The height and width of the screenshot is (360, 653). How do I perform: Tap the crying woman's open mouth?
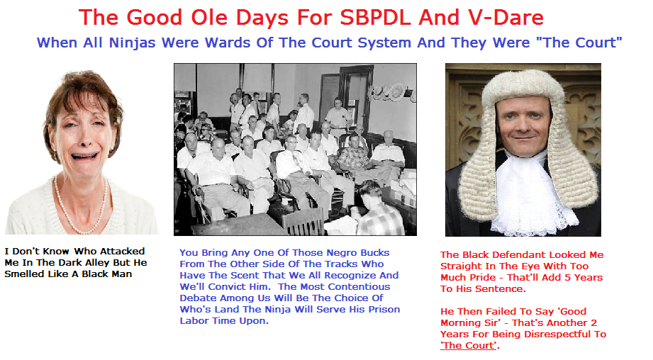(84, 157)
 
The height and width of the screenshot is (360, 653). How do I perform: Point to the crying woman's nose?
(85, 137)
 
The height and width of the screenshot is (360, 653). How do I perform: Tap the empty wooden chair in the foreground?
(303, 222)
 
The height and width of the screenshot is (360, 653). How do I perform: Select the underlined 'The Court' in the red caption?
(469, 345)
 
